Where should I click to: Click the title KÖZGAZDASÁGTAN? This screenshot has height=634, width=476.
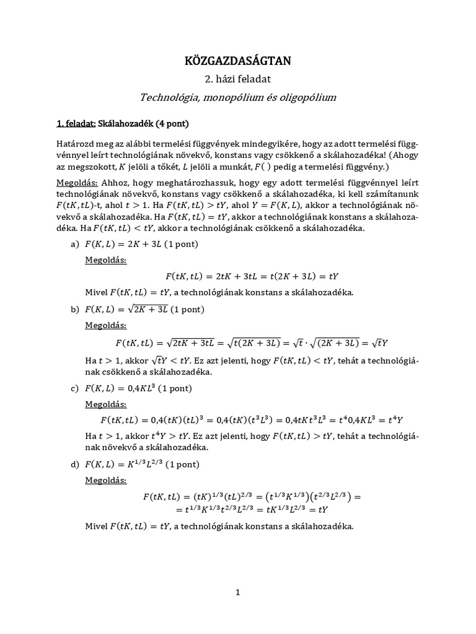click(x=238, y=61)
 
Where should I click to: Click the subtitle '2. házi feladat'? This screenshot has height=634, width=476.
click(x=238, y=79)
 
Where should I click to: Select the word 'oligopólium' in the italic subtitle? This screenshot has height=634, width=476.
click(x=309, y=97)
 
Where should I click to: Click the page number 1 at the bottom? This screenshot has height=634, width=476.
click(x=238, y=593)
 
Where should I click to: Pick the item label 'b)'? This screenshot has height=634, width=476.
click(x=75, y=308)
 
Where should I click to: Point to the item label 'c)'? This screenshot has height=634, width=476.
click(x=74, y=388)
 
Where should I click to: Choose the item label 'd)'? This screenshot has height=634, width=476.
click(x=75, y=464)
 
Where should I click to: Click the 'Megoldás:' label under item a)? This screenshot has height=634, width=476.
click(x=105, y=260)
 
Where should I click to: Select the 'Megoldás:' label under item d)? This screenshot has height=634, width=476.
click(x=105, y=480)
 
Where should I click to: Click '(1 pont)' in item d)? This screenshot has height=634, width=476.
click(x=185, y=464)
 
